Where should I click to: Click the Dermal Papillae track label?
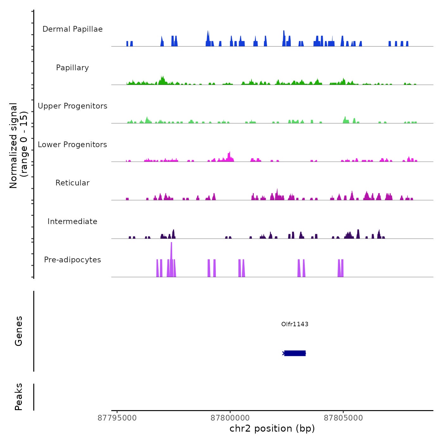(x=72, y=29)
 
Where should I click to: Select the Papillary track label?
(x=72, y=68)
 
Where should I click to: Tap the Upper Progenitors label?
(x=72, y=106)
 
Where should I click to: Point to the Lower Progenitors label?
(x=72, y=145)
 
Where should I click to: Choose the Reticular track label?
(x=72, y=183)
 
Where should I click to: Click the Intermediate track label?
(x=72, y=221)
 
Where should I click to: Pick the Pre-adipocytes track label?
(x=72, y=260)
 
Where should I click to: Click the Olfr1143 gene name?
(x=295, y=324)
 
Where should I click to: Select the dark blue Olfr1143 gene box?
(x=295, y=353)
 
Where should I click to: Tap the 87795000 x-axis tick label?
(x=117, y=418)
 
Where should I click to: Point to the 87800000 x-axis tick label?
(x=230, y=418)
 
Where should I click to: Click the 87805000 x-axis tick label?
(x=343, y=418)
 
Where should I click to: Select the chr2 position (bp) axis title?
(x=272, y=428)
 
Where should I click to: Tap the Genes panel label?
(x=19, y=331)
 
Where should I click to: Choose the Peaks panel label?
(x=19, y=397)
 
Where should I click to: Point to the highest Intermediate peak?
(x=358, y=234)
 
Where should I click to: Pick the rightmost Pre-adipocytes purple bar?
(x=342, y=268)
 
